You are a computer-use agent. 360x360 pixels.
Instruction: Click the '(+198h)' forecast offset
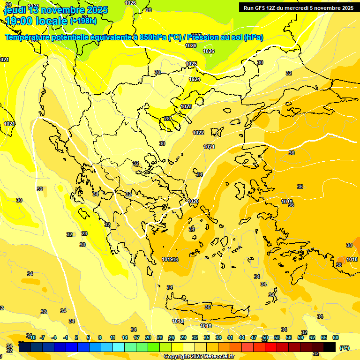(x=83, y=21)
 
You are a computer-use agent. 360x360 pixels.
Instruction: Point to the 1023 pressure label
(x=186, y=106)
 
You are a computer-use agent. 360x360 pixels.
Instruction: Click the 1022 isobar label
(x=198, y=133)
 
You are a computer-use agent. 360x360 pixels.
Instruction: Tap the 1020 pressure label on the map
(x=193, y=201)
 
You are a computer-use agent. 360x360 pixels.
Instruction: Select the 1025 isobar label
(x=191, y=64)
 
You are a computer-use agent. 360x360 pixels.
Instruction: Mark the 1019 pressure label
(x=167, y=259)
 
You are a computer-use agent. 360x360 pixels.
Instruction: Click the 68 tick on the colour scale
(x=336, y=337)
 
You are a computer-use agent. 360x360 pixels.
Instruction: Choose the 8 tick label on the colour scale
(x=100, y=337)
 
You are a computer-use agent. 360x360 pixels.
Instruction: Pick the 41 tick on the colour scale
(x=230, y=337)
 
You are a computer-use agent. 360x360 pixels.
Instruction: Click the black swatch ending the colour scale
(x=330, y=347)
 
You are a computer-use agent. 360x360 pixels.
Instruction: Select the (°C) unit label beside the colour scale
(x=344, y=347)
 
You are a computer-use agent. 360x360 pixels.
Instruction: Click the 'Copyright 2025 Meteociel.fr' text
(x=199, y=356)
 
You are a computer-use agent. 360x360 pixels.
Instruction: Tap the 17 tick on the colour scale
(x=136, y=337)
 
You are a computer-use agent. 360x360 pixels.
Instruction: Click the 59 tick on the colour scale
(x=300, y=337)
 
